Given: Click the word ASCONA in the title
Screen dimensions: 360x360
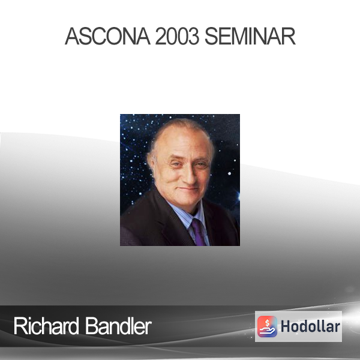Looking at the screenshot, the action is point(107,36).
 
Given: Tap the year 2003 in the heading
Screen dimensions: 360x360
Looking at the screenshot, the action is point(177,36).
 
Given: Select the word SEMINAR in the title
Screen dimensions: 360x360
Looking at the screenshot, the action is point(250,36).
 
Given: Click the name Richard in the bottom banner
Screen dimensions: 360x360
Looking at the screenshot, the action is point(46,326).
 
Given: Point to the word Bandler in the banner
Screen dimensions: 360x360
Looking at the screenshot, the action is point(118,326).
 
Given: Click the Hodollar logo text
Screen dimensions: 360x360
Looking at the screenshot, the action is point(310,326).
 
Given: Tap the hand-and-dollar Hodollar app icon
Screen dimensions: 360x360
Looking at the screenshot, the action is point(267,326).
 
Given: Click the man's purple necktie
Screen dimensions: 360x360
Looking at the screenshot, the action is point(198,232).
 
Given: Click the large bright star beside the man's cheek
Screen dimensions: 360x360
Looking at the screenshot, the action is point(229,173).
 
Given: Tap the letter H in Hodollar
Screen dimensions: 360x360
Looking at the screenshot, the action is point(286,326).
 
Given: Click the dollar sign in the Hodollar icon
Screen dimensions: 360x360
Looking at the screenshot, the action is point(267,323).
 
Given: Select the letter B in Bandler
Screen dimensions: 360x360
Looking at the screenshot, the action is point(91,326).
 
